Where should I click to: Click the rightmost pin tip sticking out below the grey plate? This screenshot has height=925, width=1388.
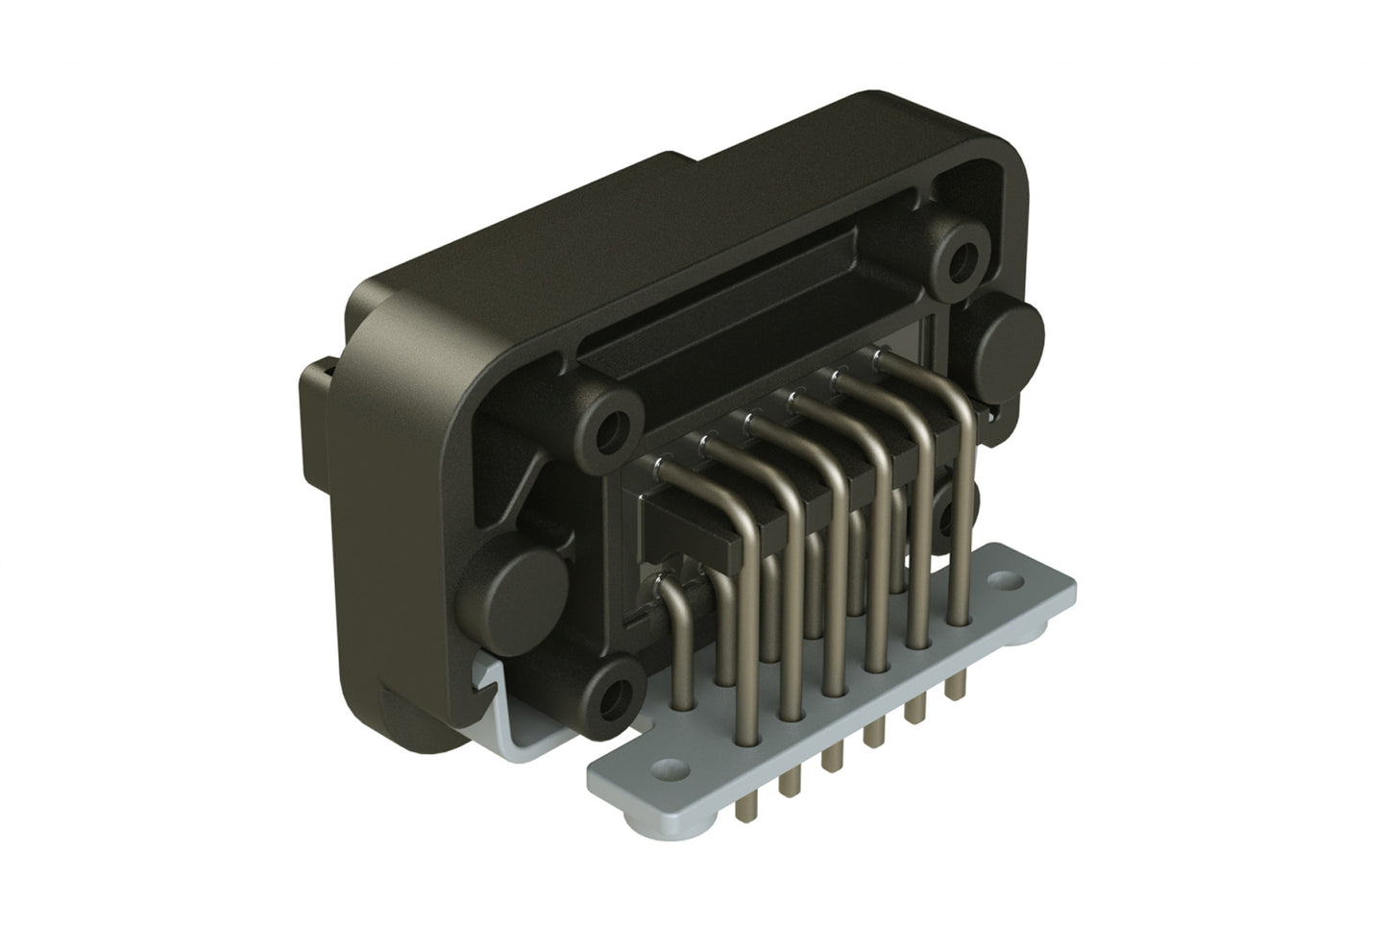[x=955, y=686]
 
